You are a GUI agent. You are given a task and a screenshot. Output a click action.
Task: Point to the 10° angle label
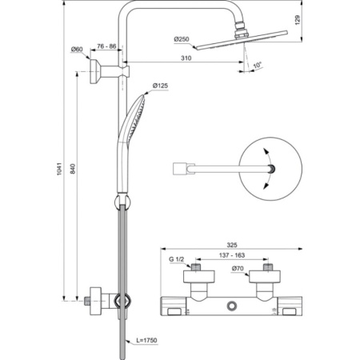click(x=256, y=64)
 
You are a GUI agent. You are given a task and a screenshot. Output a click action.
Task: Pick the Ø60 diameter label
click(x=77, y=50)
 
